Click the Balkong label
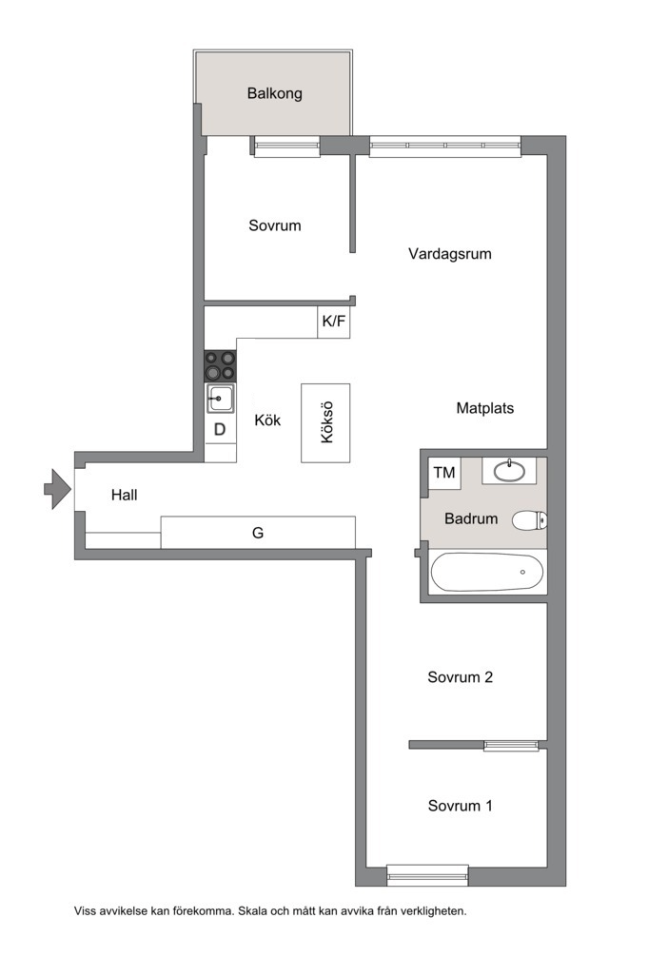click(274, 93)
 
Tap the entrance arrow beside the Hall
click(57, 488)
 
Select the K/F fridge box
click(333, 322)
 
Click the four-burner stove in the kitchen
click(220, 366)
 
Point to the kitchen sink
click(220, 399)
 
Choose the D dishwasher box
click(220, 430)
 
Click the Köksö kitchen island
click(325, 422)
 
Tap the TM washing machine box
click(444, 473)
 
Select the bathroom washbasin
click(509, 471)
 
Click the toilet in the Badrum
click(529, 520)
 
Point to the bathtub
click(487, 572)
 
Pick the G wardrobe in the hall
click(258, 532)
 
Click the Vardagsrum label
click(450, 254)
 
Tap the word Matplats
click(484, 408)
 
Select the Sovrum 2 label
click(460, 677)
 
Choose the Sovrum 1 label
click(460, 806)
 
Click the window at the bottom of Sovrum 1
click(427, 875)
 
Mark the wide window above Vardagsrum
click(445, 146)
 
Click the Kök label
click(267, 420)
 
